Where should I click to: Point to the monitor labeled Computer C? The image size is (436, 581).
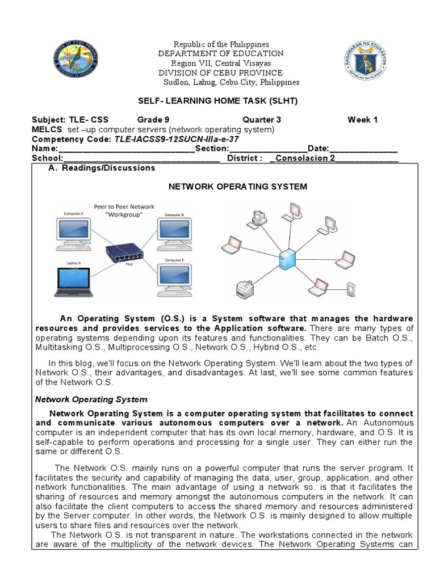point(175,276)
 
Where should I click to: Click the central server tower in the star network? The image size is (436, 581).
point(287,261)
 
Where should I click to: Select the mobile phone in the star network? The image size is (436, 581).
point(351,289)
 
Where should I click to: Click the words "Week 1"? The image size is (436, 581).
point(362,120)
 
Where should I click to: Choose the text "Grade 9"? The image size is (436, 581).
point(153,120)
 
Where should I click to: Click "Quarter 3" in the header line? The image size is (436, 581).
point(262,120)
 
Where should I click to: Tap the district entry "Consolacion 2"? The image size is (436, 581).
point(305,158)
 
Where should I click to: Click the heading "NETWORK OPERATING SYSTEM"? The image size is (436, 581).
point(238,186)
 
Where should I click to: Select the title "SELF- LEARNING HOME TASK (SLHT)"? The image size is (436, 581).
point(218,100)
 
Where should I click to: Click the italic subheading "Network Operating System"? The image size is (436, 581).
point(91,399)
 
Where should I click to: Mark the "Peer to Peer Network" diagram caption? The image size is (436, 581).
point(124,207)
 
